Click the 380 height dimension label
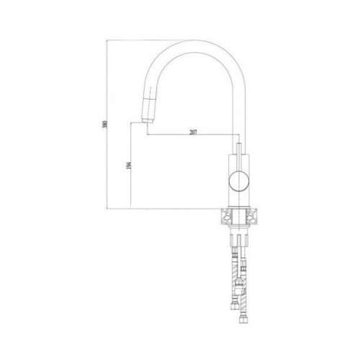pyautogui.click(x=104, y=124)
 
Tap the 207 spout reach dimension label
pyautogui.click(x=193, y=132)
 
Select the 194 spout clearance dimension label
pyautogui.click(x=129, y=166)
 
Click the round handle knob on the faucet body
pyautogui.click(x=240, y=181)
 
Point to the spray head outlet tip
pyautogui.click(x=147, y=122)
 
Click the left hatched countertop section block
pyautogui.click(x=227, y=217)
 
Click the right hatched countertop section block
pyautogui.click(x=251, y=217)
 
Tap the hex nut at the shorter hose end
pyautogui.click(x=233, y=306)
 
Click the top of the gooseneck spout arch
pyautogui.click(x=197, y=40)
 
